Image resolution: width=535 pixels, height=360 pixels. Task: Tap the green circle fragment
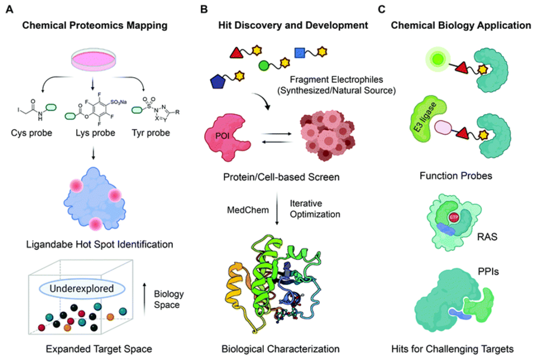(x=264, y=65)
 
